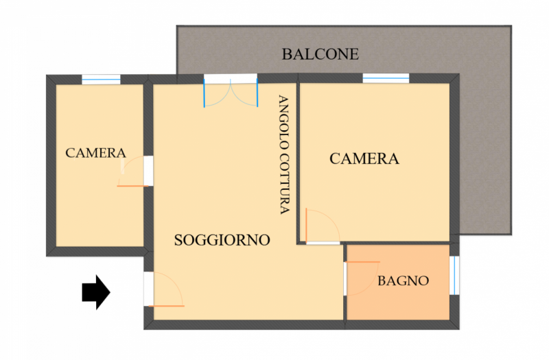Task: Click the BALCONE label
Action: tap(320, 54)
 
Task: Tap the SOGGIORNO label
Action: tap(222, 240)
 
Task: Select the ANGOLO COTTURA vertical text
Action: tap(284, 154)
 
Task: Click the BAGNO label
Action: tap(403, 280)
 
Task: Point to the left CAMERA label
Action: tap(95, 153)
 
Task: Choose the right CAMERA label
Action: tap(364, 158)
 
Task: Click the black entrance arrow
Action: tap(96, 292)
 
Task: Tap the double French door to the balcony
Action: tap(231, 93)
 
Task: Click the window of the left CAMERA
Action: tap(101, 80)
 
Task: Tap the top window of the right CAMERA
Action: tap(386, 78)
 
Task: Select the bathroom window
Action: tap(454, 276)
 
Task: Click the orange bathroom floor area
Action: tap(399, 282)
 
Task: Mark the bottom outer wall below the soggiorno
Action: tap(244, 324)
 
